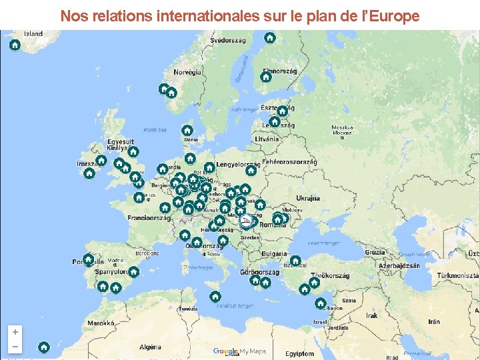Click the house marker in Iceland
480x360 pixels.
[x=15, y=45]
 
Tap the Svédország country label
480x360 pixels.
[x=227, y=41]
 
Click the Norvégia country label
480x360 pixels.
[x=187, y=72]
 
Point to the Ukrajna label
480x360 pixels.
[x=308, y=199]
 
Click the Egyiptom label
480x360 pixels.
[x=299, y=353]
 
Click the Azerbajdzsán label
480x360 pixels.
[x=399, y=265]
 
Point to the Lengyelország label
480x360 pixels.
[x=237, y=165]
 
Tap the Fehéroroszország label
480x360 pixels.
[x=289, y=162]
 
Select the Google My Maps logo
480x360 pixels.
[x=239, y=351]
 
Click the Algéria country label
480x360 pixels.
[x=149, y=347]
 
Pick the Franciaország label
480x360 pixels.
[x=149, y=217]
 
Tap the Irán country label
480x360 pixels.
[x=433, y=321]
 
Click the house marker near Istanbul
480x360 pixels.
[x=295, y=261]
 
